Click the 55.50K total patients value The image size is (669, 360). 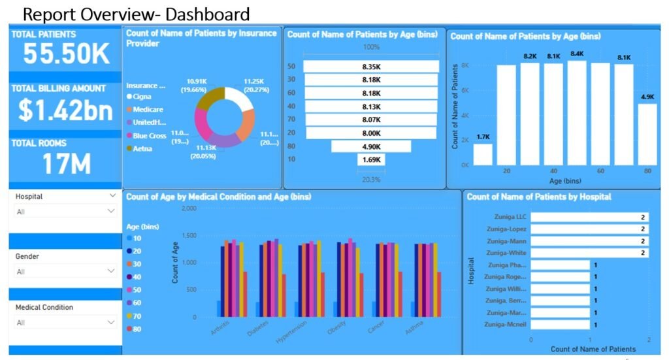66,54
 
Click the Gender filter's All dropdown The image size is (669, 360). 65,272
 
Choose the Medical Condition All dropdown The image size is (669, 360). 65,323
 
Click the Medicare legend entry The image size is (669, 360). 148,110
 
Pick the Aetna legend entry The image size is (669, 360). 142,149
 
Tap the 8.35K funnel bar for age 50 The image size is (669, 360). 371,67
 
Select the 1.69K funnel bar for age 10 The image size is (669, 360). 371,159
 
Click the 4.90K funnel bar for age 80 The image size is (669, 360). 371,146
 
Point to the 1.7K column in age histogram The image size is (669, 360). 483,154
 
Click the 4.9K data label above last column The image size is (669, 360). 647,97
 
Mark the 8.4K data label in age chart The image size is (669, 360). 577,54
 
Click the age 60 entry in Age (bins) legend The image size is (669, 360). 137,303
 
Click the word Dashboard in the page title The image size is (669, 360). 209,14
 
